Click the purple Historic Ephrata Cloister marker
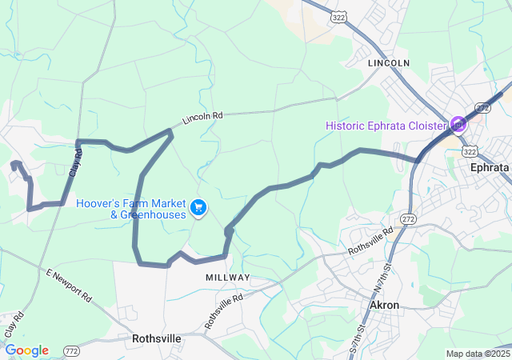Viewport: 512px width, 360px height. pos(458,124)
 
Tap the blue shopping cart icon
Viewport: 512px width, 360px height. pos(198,208)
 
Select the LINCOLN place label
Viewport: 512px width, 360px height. pos(389,62)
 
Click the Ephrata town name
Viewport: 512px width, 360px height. pos(489,168)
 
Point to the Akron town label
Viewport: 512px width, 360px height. pos(384,305)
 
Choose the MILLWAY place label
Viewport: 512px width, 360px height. pos(227,277)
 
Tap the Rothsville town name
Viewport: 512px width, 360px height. pos(157,338)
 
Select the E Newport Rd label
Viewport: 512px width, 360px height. pos(70,286)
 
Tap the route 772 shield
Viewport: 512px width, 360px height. pos(72,351)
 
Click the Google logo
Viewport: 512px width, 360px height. pos(27,350)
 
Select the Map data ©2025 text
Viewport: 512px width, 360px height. pos(478,354)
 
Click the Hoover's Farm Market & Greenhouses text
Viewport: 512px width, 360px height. pos(131,209)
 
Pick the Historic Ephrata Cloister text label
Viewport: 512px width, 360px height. pos(387,126)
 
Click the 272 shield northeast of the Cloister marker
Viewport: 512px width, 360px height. pos(482,107)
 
